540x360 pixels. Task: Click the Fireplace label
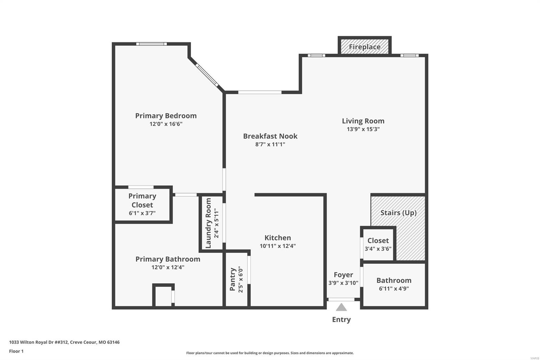pos(364,47)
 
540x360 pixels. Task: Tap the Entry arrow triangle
pos(341,307)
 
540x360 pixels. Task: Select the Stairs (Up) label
pos(398,213)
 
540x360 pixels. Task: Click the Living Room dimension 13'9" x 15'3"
pos(363,129)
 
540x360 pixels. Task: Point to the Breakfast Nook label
pos(270,136)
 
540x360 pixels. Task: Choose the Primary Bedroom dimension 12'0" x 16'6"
pos(166,124)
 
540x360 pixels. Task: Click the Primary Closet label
pos(142,200)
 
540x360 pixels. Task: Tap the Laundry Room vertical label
pos(208,223)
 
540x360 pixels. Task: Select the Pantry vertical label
pos(233,279)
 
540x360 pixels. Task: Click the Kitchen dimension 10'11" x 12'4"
pos(277,246)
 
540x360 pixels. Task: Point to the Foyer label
pos(343,275)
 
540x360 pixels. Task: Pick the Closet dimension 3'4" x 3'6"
pos(378,249)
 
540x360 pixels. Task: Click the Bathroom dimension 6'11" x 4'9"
pos(394,288)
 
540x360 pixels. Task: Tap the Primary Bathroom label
pos(168,259)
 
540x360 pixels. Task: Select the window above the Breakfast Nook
pos(260,92)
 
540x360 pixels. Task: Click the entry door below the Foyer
pos(341,300)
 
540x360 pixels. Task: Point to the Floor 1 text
pos(16,351)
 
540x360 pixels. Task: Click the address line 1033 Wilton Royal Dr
pos(64,342)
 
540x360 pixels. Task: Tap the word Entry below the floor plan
pos(341,319)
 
